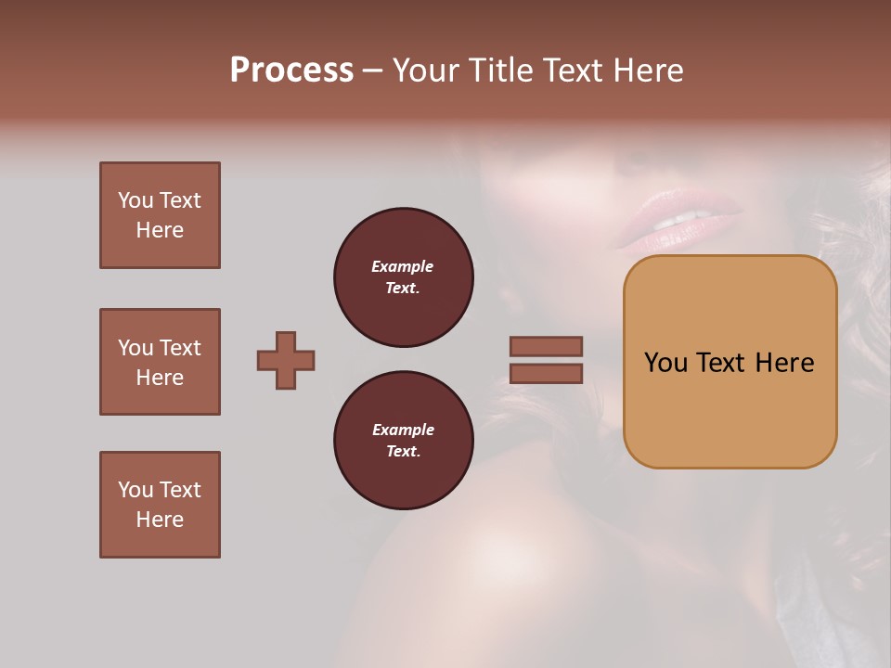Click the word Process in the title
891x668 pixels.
[291, 71]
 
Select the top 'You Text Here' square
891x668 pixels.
[160, 215]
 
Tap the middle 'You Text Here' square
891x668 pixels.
[160, 362]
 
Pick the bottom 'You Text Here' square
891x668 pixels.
[160, 505]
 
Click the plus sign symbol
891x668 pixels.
[286, 360]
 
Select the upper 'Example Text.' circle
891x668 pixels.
[403, 277]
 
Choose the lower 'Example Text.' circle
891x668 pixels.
[403, 441]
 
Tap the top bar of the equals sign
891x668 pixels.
[546, 346]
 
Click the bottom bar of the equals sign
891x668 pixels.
[546, 373]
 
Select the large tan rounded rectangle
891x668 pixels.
[730, 362]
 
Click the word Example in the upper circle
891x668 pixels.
[403, 266]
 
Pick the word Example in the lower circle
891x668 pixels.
[403, 430]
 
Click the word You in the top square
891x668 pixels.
[136, 200]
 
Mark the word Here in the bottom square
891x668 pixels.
[160, 520]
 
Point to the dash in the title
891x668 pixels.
[373, 71]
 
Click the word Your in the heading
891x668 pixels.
[425, 71]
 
